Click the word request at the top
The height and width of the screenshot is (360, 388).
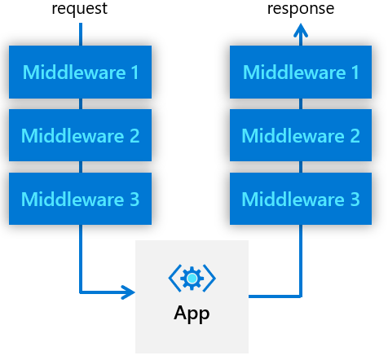point(80,9)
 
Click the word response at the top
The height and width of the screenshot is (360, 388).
point(301,9)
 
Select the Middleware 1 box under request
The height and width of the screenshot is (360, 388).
point(80,72)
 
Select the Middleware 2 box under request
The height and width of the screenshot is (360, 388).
point(80,135)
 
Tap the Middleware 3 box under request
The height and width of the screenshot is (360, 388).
point(80,199)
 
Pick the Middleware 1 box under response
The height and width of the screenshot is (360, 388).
point(301,72)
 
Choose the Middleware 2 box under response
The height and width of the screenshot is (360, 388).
point(301,135)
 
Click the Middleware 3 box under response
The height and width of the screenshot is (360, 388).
point(301,199)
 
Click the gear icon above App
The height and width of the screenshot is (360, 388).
point(192,279)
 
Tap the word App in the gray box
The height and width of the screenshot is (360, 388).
point(192,314)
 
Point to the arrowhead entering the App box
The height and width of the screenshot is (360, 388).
point(128,292)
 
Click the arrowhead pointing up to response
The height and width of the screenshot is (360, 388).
point(301,30)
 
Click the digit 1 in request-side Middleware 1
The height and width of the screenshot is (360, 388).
point(134,72)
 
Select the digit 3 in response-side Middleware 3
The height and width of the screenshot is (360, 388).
point(355,199)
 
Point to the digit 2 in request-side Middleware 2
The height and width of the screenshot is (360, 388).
point(134,135)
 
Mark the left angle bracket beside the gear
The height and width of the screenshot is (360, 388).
point(174,279)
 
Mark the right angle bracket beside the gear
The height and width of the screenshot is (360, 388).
point(209,279)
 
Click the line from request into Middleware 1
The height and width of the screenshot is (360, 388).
point(81,34)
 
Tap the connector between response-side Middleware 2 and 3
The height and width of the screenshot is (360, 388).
point(301,167)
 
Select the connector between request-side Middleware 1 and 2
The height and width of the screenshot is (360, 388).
point(81,103)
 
